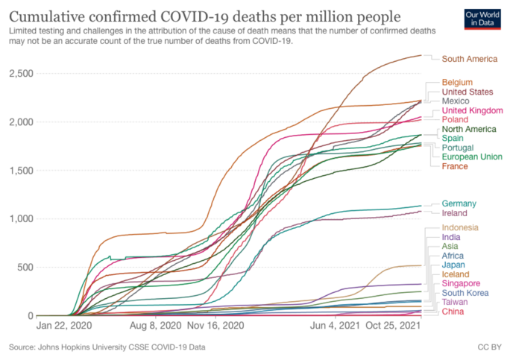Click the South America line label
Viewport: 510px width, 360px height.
point(470,58)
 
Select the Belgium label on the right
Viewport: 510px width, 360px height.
point(457,82)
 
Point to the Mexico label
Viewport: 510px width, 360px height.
point(456,101)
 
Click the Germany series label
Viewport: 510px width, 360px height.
point(459,203)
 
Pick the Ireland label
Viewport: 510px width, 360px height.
point(455,213)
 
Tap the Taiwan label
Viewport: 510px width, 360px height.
point(454,302)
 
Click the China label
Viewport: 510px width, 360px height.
point(453,312)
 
